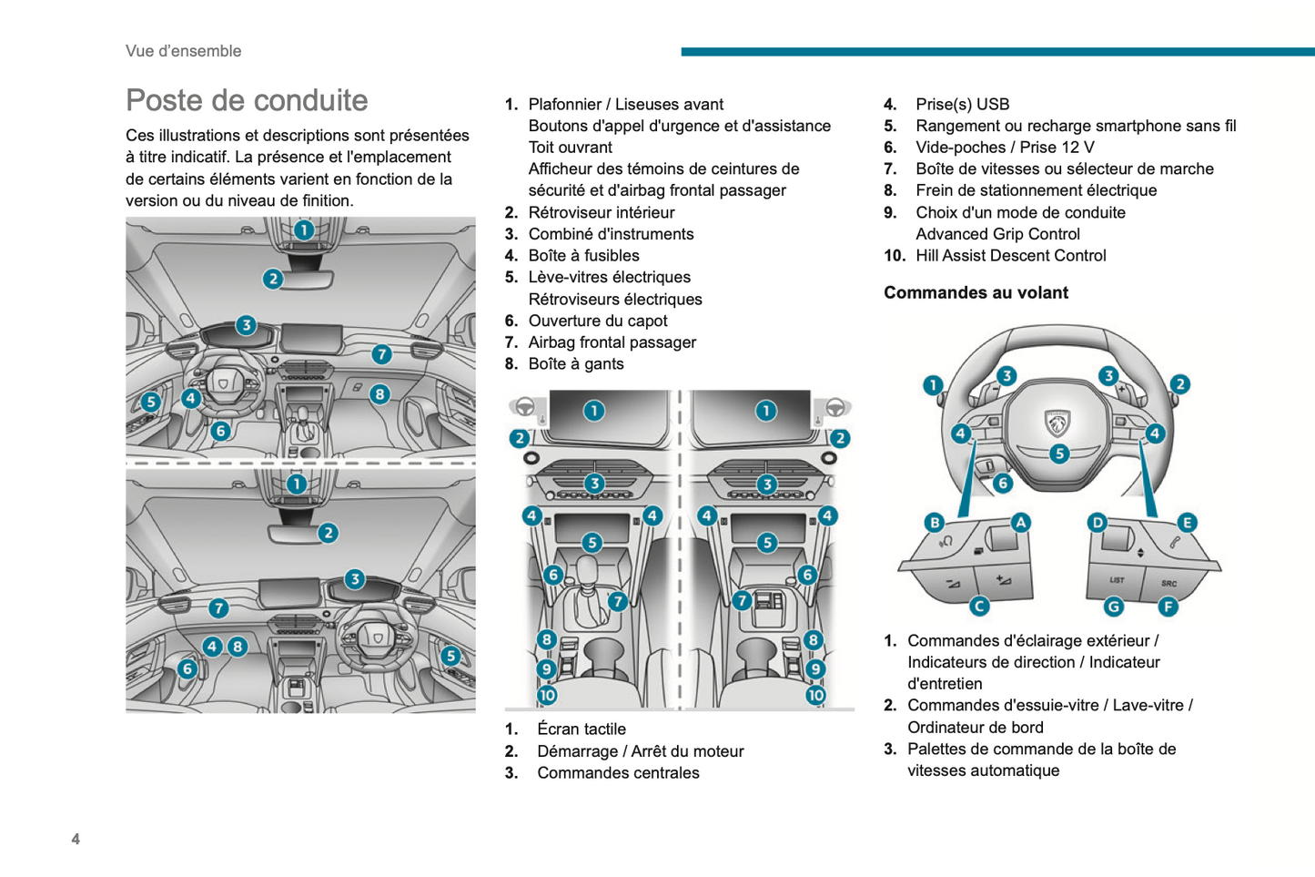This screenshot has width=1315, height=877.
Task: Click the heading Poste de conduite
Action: click(x=247, y=100)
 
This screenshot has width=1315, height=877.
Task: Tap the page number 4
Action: click(x=76, y=839)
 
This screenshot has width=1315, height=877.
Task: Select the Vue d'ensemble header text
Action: click(x=183, y=51)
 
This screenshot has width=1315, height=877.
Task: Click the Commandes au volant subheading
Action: click(x=976, y=292)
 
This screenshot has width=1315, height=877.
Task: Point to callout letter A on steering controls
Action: click(x=1020, y=522)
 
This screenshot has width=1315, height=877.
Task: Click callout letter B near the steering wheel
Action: click(x=935, y=522)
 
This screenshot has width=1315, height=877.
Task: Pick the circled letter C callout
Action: click(x=979, y=606)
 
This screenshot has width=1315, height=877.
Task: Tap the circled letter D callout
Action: click(x=1098, y=522)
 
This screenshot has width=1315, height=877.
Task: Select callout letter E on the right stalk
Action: click(x=1187, y=522)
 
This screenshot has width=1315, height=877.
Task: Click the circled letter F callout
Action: click(x=1168, y=607)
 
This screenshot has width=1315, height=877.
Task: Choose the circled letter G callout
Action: click(x=1113, y=607)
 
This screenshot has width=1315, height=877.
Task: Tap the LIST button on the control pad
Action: click(x=1117, y=580)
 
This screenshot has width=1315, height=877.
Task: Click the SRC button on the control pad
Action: click(x=1168, y=583)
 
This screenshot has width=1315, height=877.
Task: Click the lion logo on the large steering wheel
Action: click(x=1057, y=423)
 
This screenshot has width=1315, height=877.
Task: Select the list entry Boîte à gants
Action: click(x=575, y=364)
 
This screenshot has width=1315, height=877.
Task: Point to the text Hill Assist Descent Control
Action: click(x=1010, y=256)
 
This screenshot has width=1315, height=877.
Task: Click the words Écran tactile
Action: click(x=581, y=729)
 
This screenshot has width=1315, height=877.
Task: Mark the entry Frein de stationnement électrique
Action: click(x=1036, y=190)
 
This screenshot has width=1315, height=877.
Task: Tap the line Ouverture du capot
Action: click(x=597, y=321)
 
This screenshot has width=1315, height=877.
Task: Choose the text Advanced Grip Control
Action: click(x=997, y=234)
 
